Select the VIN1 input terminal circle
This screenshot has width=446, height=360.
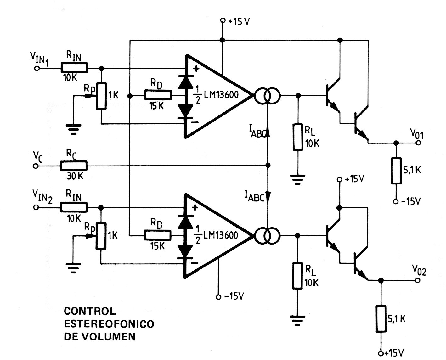pos(37,68)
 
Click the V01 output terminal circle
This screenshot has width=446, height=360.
pos(418,143)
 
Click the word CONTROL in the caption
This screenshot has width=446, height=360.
pos(90,311)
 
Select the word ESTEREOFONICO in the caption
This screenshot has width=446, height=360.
pos(109,324)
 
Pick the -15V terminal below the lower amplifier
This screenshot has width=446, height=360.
pos(218,296)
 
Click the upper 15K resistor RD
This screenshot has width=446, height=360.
pos(158,95)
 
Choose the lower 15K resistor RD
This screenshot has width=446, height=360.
pos(158,235)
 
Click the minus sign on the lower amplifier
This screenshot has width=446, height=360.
pos(195,262)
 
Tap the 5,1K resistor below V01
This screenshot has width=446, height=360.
pos(396,170)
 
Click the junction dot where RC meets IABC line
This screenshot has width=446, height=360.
pos(268,165)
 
